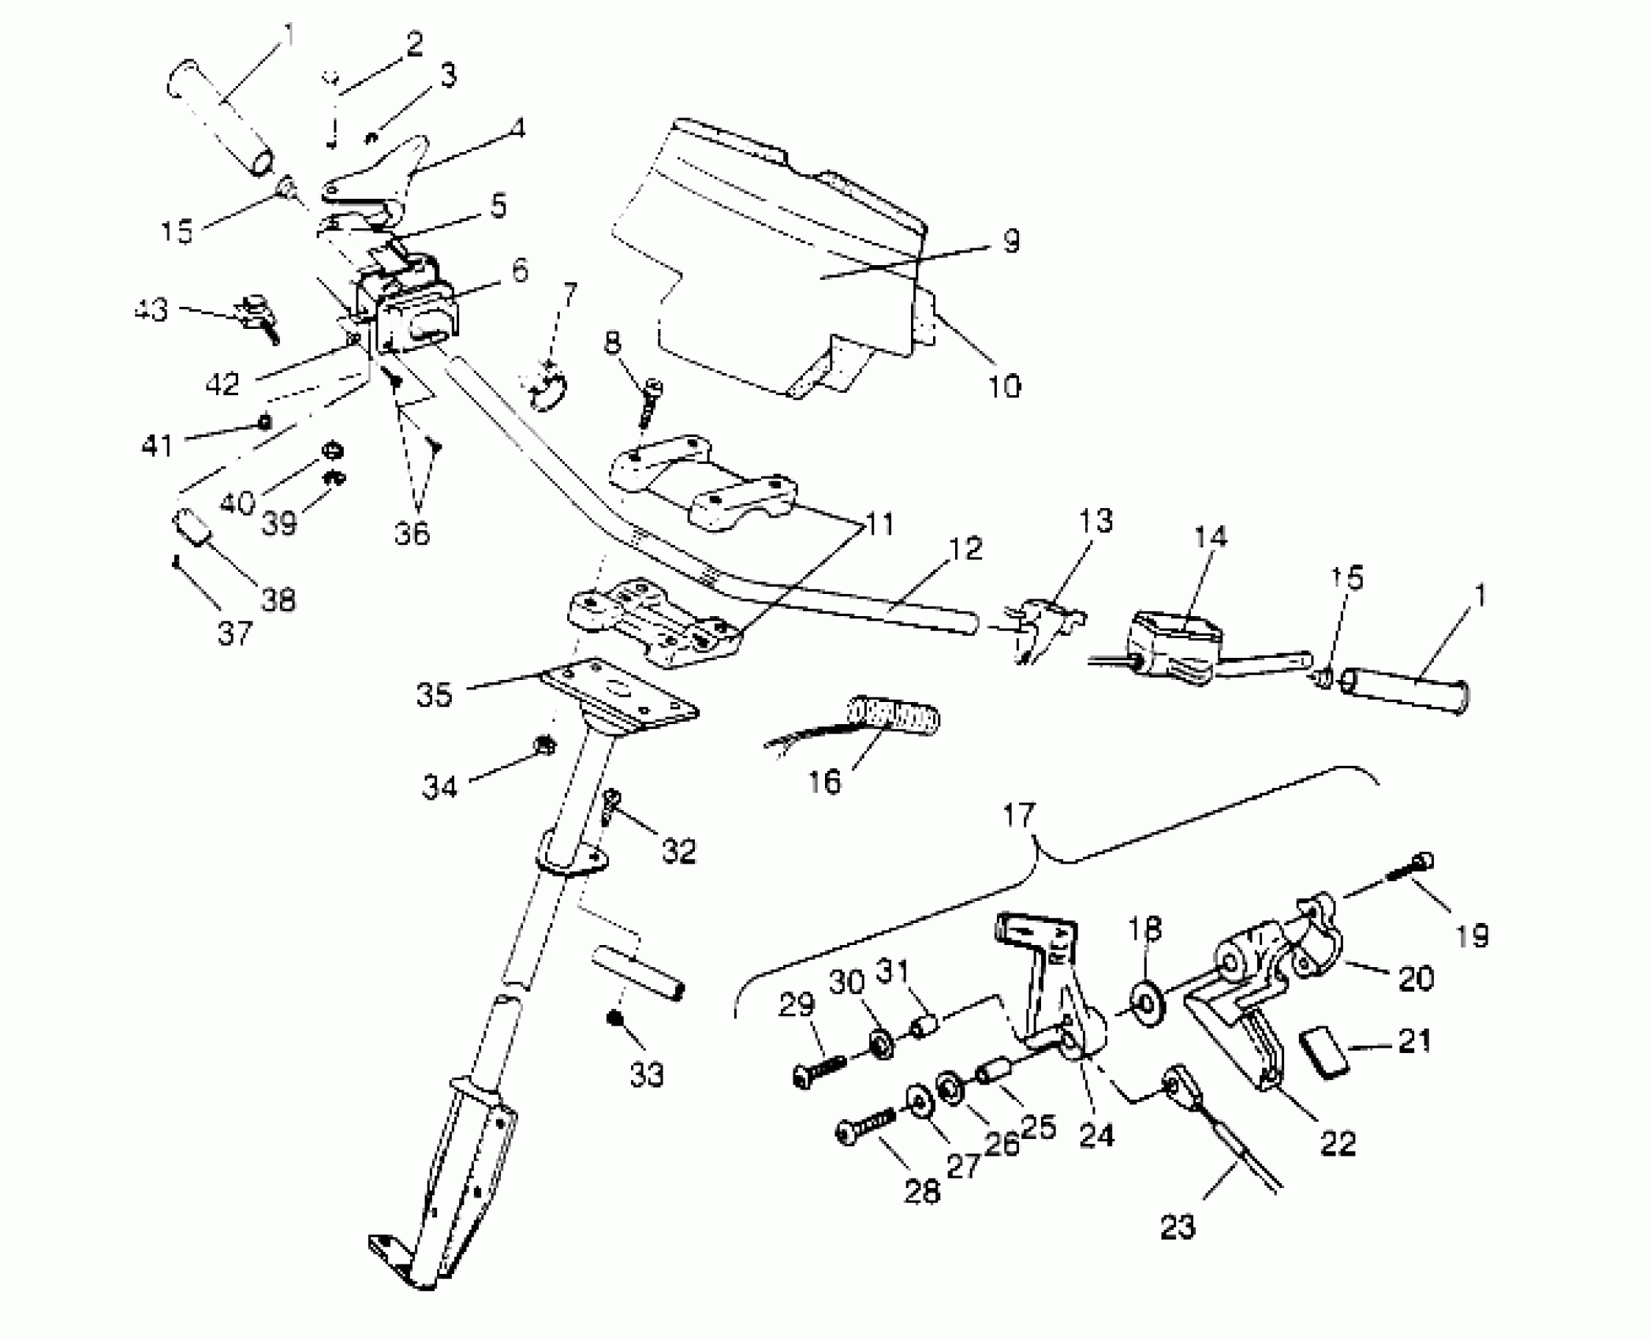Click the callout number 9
1011,242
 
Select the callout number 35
435,695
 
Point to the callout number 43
151,309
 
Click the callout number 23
1178,1227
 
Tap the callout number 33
647,1074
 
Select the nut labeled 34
543,744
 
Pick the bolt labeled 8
651,402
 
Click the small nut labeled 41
266,422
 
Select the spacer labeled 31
924,1028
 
